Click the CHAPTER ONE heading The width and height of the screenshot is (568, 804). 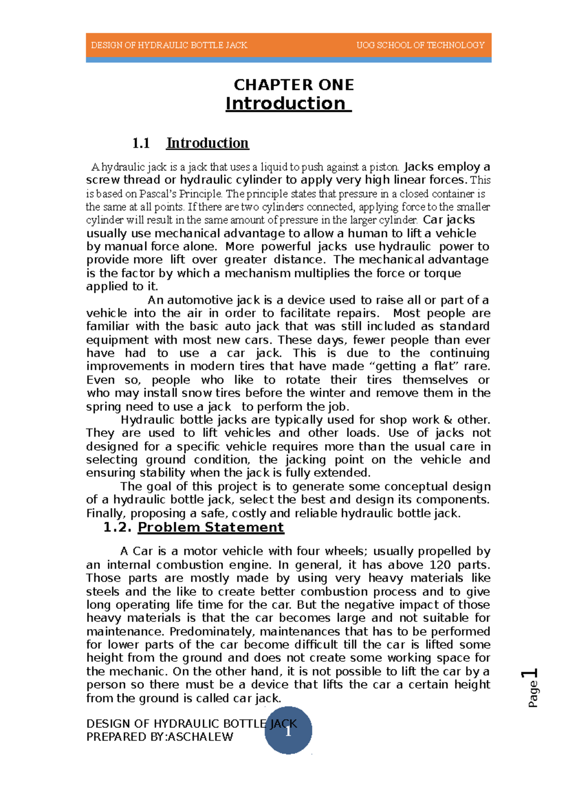[x=293, y=85]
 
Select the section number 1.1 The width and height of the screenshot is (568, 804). [x=141, y=143]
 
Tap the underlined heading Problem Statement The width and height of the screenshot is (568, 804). [x=211, y=527]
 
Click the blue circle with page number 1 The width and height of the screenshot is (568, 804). [x=288, y=731]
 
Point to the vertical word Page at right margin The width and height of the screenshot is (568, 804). [x=533, y=694]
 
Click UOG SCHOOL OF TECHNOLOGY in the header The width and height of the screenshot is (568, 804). [x=420, y=45]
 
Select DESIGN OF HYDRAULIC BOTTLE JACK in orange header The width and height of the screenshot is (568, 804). [x=169, y=45]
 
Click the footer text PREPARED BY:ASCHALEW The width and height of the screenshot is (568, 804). [x=160, y=737]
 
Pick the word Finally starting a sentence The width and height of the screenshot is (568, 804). [x=106, y=514]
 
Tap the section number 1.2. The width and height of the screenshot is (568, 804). [x=118, y=527]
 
